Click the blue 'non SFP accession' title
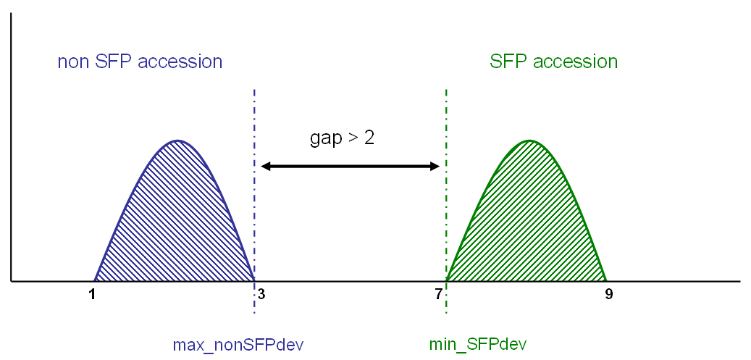click(140, 62)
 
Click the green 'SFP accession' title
click(554, 62)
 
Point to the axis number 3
click(261, 294)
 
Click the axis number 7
click(439, 294)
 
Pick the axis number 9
click(609, 294)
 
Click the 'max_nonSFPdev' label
click(238, 344)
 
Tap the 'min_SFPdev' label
click(479, 344)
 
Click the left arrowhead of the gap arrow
click(263, 167)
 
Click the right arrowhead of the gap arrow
click(436, 167)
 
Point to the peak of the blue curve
click(177, 141)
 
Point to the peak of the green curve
click(529, 141)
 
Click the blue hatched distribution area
click(175, 220)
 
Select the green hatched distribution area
click(526, 220)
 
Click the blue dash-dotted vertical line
click(254, 201)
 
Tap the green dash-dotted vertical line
click(446, 201)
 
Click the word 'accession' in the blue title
click(180, 63)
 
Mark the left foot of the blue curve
click(94, 281)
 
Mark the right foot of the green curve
click(607, 281)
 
